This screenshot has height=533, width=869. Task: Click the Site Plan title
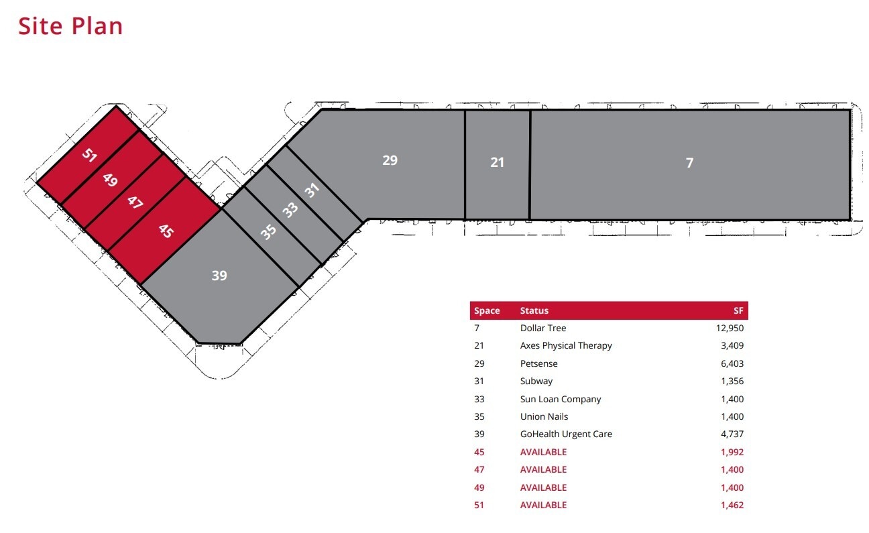click(x=70, y=26)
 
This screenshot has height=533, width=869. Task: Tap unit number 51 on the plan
click(x=90, y=155)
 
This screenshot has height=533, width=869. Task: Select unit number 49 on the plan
click(x=111, y=180)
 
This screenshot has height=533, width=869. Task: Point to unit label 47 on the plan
click(x=135, y=202)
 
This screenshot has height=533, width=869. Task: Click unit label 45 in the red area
click(x=166, y=231)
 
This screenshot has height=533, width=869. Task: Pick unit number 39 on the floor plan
click(x=219, y=276)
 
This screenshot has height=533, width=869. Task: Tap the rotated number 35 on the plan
click(x=268, y=231)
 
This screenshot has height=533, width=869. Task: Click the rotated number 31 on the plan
click(x=312, y=190)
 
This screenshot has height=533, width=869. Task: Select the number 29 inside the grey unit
click(x=390, y=160)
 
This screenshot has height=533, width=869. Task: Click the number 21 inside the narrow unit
click(x=497, y=162)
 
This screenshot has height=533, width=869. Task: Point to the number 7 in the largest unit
click(x=689, y=162)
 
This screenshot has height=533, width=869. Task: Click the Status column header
click(x=534, y=310)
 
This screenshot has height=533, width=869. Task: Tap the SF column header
click(x=738, y=310)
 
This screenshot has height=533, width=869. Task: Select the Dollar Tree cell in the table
click(x=542, y=328)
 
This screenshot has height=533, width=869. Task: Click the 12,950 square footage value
click(x=730, y=328)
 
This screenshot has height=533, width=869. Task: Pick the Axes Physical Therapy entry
click(x=566, y=346)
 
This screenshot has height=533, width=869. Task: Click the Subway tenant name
click(x=536, y=381)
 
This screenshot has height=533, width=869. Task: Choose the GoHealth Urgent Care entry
click(x=566, y=434)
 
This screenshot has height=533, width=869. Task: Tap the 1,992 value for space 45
click(x=732, y=452)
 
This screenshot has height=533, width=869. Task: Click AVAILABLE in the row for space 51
click(x=543, y=505)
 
